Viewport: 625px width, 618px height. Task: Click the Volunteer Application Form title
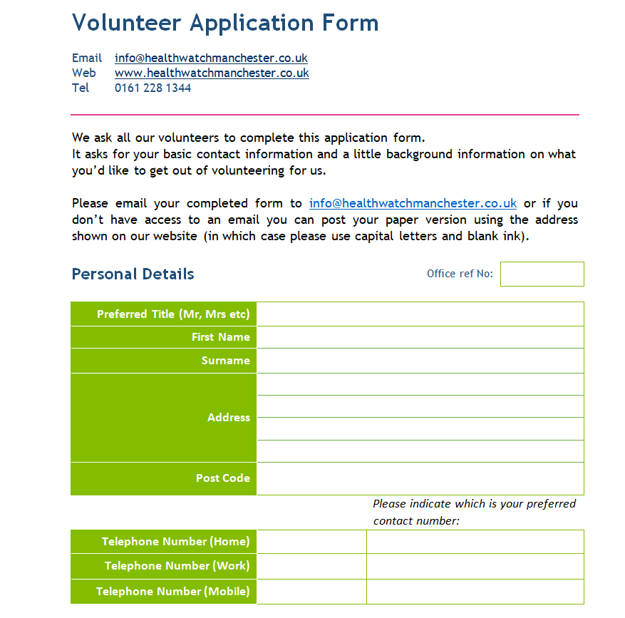coord(225,23)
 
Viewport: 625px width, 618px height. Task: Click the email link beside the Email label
coord(211,58)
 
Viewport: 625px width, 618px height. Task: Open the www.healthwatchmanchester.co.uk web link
coord(212,73)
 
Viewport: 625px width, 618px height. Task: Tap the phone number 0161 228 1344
coord(153,88)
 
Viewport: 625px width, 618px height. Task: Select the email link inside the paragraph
coord(413,203)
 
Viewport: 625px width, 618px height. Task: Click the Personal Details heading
coord(133,274)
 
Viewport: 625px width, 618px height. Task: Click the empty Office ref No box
coord(542,274)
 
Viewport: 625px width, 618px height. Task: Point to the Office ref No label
coord(460,274)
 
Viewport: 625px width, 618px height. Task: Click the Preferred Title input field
coord(420,314)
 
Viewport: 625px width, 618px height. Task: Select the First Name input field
coord(420,337)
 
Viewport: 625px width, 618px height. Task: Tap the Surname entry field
coord(420,361)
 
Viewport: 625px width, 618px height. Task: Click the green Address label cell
coord(163,418)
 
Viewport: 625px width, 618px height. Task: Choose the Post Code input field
coord(420,478)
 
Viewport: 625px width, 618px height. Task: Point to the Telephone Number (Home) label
coord(175,542)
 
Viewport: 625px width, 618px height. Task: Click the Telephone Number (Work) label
coord(177,566)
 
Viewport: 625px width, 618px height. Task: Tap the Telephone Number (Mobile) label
coord(172,592)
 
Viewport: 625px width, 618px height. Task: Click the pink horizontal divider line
coord(325,114)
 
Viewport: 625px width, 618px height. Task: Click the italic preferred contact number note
coord(474,512)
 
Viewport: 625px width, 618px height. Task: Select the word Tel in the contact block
coord(81,88)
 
